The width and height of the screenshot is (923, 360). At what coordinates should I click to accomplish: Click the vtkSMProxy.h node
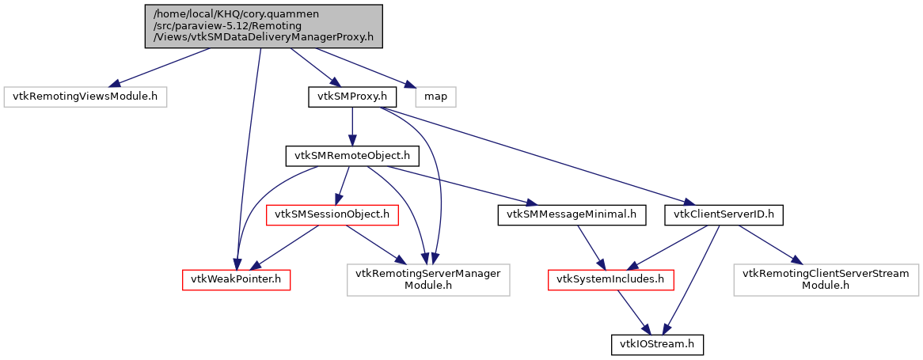pos(351,97)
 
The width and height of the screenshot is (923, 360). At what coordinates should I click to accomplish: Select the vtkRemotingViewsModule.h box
pos(86,97)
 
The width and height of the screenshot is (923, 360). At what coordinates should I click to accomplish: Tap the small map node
pos(436,97)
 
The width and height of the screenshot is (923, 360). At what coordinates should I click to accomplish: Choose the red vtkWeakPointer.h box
pos(235,279)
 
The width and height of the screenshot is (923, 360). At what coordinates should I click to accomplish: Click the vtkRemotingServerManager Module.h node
pos(428,279)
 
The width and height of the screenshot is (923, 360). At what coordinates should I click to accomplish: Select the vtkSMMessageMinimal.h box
pos(572,214)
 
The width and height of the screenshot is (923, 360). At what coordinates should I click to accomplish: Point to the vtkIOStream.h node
pos(657,344)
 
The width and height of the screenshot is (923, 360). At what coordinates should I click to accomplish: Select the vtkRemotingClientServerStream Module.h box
pos(826,279)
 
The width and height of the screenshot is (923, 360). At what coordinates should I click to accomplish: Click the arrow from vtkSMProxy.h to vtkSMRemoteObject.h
pos(351,127)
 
